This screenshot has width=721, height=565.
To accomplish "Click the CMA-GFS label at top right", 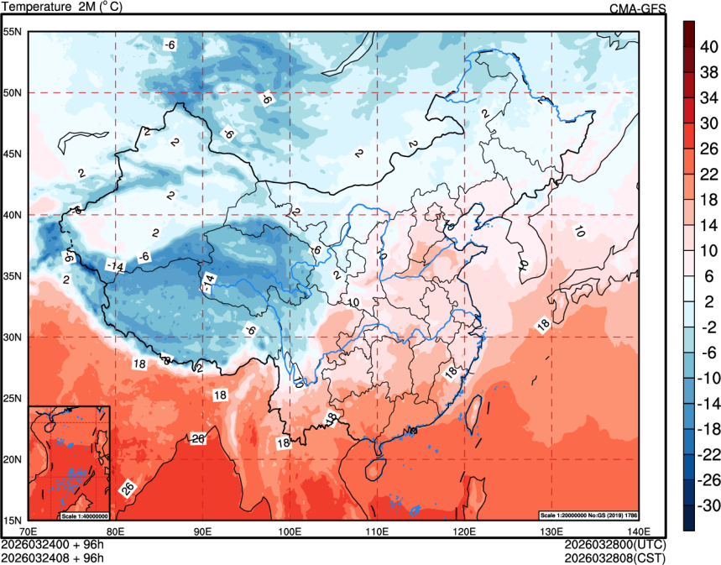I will tap(637, 8).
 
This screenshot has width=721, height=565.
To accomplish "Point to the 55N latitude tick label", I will tap(13, 32).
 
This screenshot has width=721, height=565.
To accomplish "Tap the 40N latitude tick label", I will tap(13, 215).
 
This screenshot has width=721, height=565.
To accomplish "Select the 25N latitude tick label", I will tap(13, 398).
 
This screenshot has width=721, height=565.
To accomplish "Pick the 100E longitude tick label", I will tap(290, 531).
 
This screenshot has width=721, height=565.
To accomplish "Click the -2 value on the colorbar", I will tap(708, 327).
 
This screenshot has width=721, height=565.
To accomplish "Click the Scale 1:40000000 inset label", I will tap(84, 515).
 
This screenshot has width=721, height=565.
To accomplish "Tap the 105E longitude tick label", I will tap(333, 531).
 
